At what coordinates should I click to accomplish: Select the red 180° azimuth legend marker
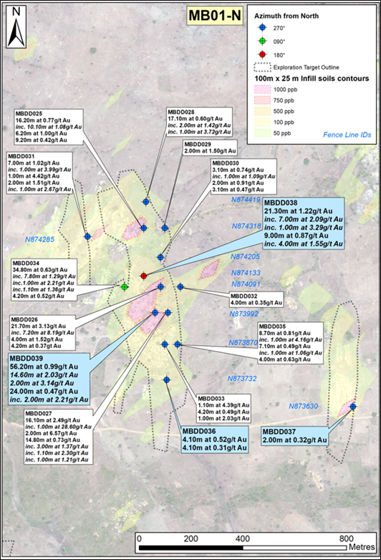point(263,54)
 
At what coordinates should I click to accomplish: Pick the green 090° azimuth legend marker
point(263,41)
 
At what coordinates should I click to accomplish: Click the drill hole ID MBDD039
point(29,358)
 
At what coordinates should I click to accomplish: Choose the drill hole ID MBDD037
point(280,431)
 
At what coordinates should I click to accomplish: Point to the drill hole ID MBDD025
point(29,113)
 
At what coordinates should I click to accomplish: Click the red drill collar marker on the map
point(143,276)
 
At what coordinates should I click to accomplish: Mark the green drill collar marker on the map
point(125,286)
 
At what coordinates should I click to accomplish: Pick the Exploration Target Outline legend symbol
point(264,67)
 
